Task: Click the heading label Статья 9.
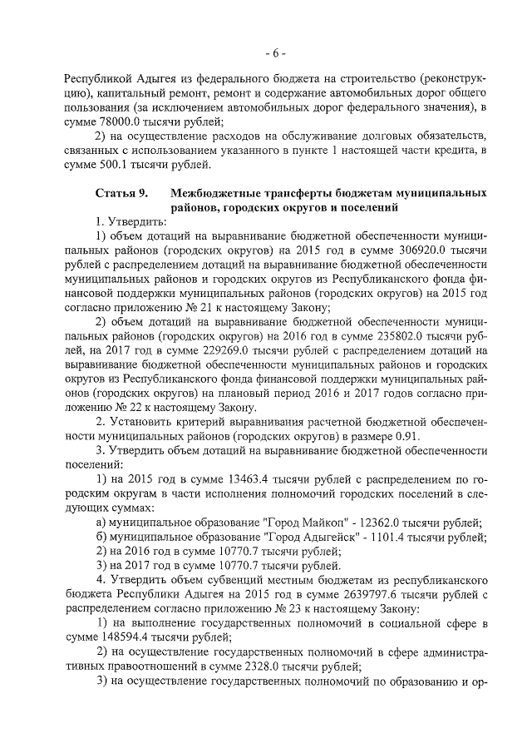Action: click(121, 193)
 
